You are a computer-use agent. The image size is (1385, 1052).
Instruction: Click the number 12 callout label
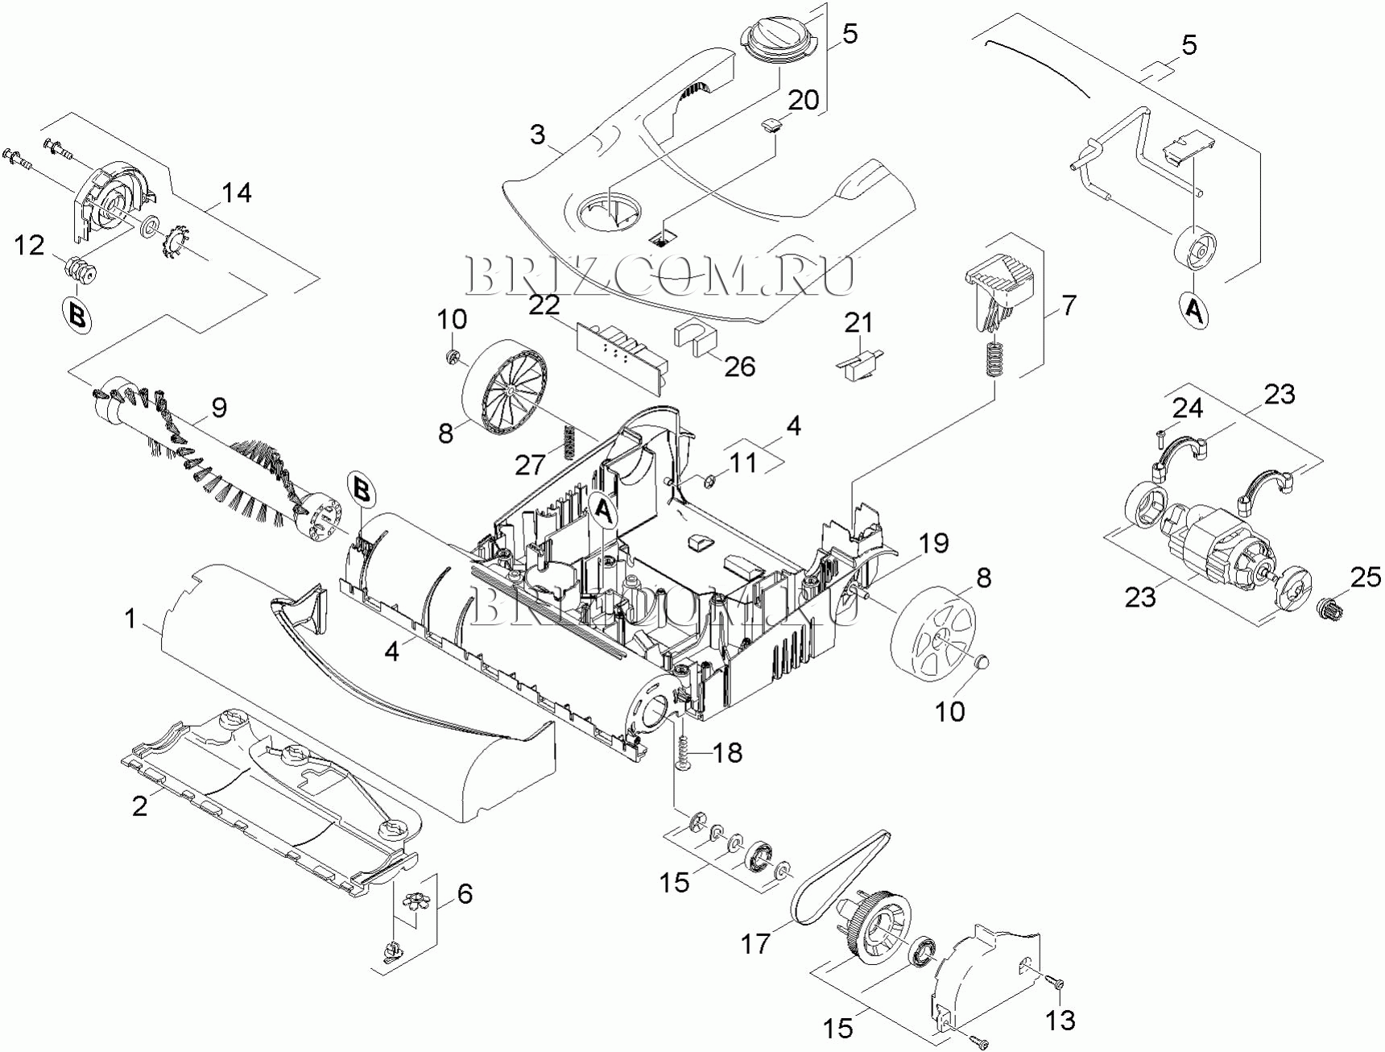pyautogui.click(x=30, y=246)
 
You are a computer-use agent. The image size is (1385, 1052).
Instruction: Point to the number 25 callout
pyautogui.click(x=1365, y=578)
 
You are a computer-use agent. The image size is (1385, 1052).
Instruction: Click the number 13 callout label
pyautogui.click(x=1060, y=1020)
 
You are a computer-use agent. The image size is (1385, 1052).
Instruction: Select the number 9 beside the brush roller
pyautogui.click(x=219, y=408)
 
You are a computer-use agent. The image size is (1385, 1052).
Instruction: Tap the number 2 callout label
pyautogui.click(x=139, y=806)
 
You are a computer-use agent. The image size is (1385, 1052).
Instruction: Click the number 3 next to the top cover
pyautogui.click(x=538, y=135)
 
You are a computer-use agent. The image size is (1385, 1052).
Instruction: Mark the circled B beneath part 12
pyautogui.click(x=77, y=315)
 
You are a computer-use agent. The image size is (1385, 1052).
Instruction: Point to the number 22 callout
pyautogui.click(x=544, y=304)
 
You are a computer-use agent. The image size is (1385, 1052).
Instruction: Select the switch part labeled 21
pyautogui.click(x=859, y=358)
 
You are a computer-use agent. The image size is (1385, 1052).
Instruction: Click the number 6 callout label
pyautogui.click(x=465, y=894)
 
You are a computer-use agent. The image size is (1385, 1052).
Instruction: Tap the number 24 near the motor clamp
pyautogui.click(x=1187, y=408)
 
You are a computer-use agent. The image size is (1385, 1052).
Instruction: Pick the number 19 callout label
pyautogui.click(x=934, y=543)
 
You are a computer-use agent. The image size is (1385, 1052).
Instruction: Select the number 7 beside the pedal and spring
pyautogui.click(x=1068, y=306)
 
